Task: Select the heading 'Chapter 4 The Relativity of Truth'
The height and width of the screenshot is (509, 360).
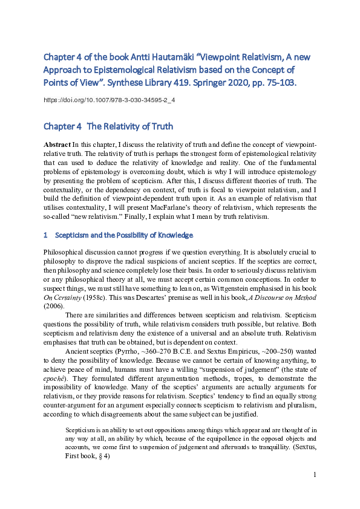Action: point(108,126)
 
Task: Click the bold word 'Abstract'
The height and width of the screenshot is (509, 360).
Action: point(57,146)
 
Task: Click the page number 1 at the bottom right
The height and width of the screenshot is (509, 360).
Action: point(315,475)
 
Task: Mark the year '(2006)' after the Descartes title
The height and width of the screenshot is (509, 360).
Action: point(53,306)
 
